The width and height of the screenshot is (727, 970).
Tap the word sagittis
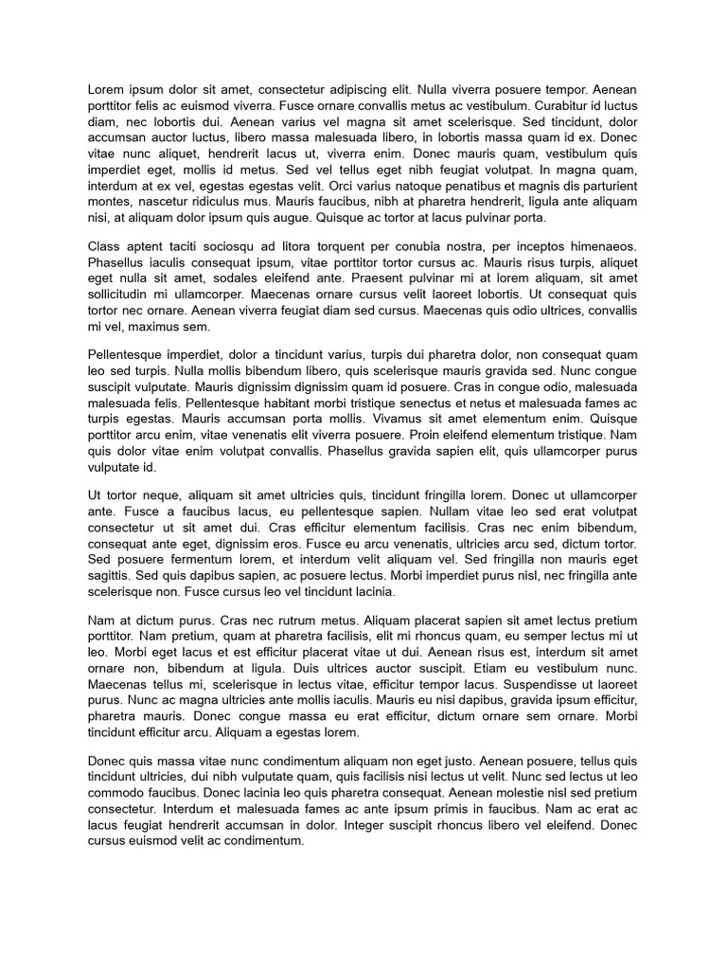[107, 576]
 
